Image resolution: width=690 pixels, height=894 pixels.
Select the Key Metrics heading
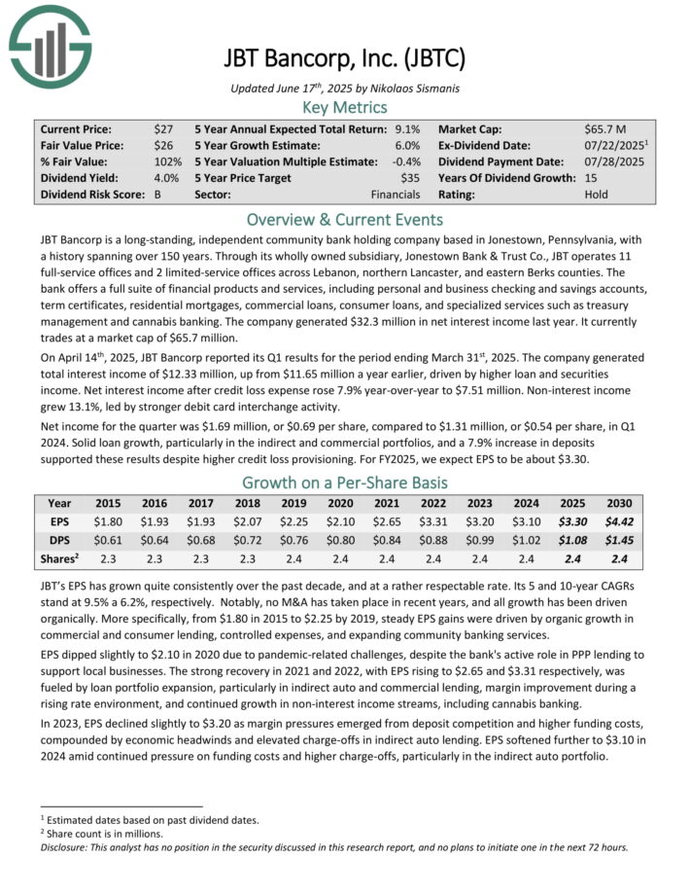pyautogui.click(x=345, y=107)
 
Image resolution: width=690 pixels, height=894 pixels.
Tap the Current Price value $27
pyautogui.click(x=163, y=128)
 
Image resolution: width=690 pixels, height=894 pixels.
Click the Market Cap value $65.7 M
pyautogui.click(x=607, y=128)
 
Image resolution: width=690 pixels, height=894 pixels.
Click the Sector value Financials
pyautogui.click(x=396, y=194)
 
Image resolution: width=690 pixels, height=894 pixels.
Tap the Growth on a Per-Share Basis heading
pyautogui.click(x=345, y=483)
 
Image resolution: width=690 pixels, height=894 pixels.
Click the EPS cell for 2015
pyautogui.click(x=108, y=520)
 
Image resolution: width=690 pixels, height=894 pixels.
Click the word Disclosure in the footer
pyautogui.click(x=66, y=846)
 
